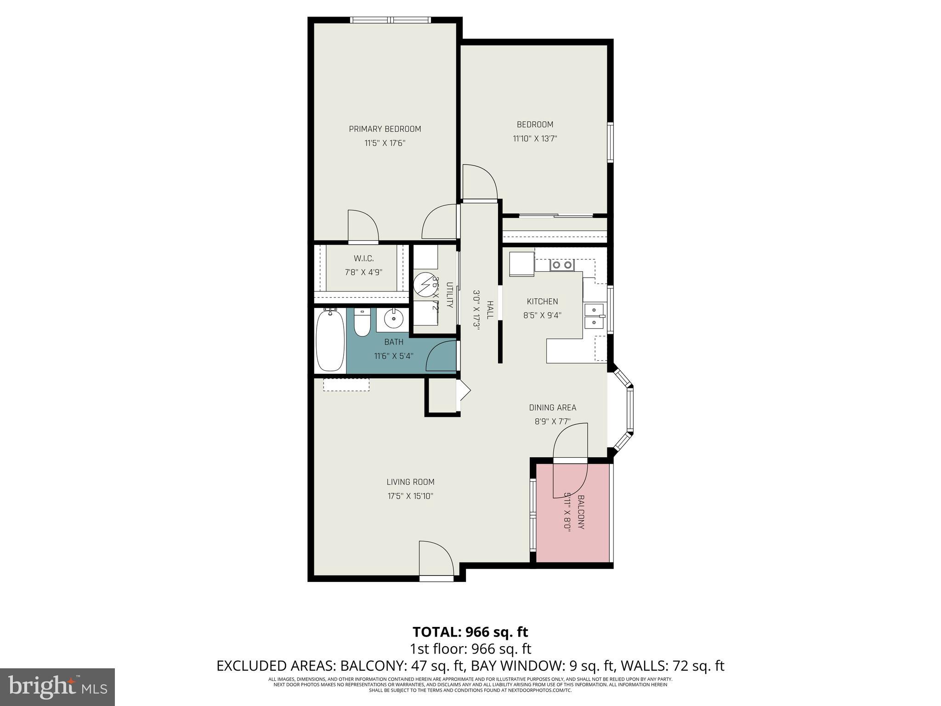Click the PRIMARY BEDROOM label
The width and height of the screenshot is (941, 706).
pyautogui.click(x=385, y=129)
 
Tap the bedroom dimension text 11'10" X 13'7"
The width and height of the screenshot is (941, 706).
pyautogui.click(x=535, y=138)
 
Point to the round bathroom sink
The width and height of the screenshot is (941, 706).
pyautogui.click(x=393, y=319)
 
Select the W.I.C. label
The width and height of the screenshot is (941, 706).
pyautogui.click(x=363, y=259)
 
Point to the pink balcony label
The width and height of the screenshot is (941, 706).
pyautogui.click(x=581, y=512)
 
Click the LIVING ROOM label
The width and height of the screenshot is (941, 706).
pyautogui.click(x=410, y=482)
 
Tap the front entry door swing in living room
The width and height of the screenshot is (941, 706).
pyautogui.click(x=436, y=559)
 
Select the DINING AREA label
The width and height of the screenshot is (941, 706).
pyautogui.click(x=552, y=407)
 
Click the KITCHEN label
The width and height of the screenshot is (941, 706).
pyautogui.click(x=542, y=302)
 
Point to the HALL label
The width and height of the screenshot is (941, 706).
pyautogui.click(x=490, y=310)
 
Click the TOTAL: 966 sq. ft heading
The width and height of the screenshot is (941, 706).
pyautogui.click(x=470, y=632)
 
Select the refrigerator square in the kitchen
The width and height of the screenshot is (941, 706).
pyautogui.click(x=522, y=264)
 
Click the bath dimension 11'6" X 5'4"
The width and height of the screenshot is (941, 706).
pyautogui.click(x=394, y=356)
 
